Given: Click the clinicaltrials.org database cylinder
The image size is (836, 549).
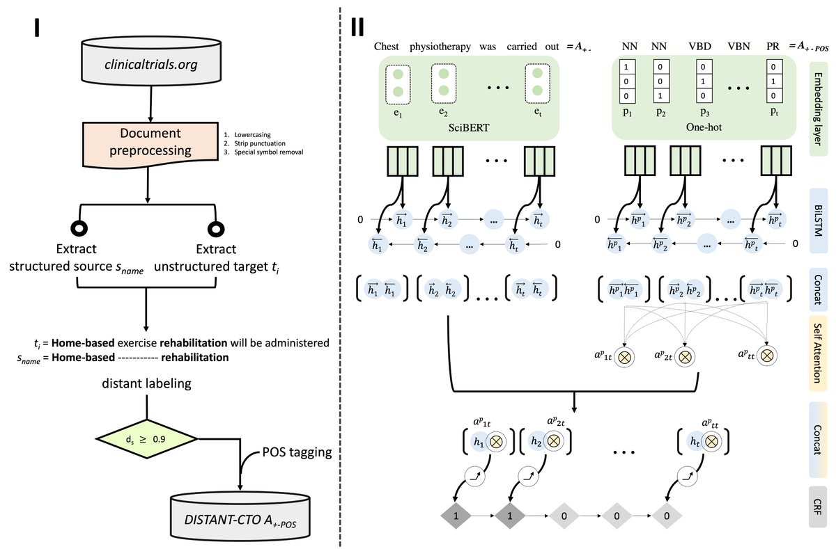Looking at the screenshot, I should [x=150, y=65].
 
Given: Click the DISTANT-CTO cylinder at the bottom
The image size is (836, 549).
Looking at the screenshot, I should [x=240, y=513].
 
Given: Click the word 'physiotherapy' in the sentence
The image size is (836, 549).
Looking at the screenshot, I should [x=444, y=47].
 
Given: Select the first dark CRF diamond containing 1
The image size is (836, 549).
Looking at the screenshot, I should [x=456, y=517].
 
